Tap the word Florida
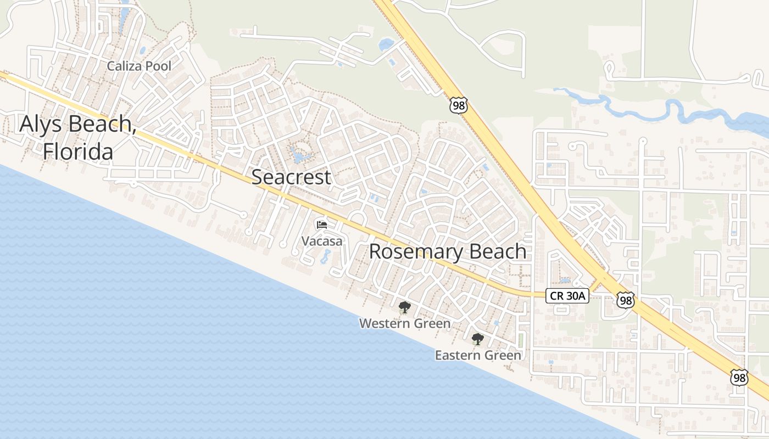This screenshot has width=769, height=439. pyautogui.click(x=78, y=151)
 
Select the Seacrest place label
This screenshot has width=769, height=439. pyautogui.click(x=291, y=177)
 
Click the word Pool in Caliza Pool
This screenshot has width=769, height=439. pyautogui.click(x=159, y=66)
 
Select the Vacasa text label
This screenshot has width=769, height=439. pyautogui.click(x=322, y=241)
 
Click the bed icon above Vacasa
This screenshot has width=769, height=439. pyautogui.click(x=322, y=224)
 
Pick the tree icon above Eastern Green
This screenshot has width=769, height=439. pyautogui.click(x=478, y=339)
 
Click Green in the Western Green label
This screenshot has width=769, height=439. pyautogui.click(x=431, y=324)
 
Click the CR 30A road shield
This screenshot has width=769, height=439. pyautogui.click(x=568, y=296)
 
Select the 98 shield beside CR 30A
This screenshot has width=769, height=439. pyautogui.click(x=625, y=300)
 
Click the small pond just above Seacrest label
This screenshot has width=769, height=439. pyautogui.click(x=299, y=156)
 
